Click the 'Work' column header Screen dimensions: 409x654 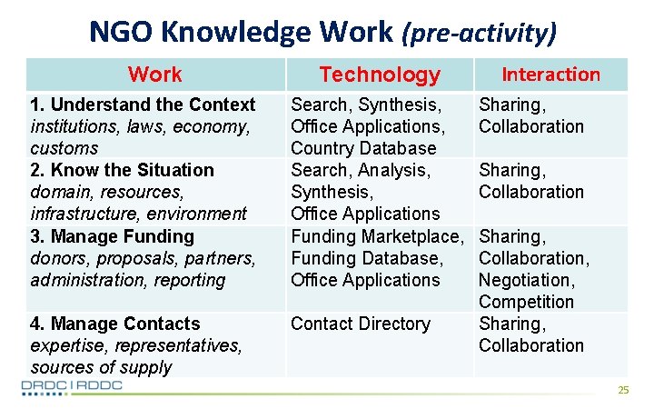pos(154,75)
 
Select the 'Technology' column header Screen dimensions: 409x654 pos(380,75)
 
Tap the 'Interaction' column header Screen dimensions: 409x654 pos(551,75)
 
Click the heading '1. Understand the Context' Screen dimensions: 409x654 pos(143,105)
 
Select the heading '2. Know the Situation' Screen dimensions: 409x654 pos(122,170)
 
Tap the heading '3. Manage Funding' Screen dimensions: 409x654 pos(112,236)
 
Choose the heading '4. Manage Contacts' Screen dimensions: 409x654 pos(114,324)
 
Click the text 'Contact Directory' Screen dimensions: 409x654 pos(360,324)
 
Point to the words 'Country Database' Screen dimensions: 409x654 pos(363,148)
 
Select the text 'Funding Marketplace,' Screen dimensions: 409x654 pos(376,236)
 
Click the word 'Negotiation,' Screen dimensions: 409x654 pos(527,280)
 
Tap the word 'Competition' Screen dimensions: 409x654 pos(526,302)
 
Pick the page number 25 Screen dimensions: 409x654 pos(623,390)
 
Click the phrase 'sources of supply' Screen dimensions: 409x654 pos(101,367)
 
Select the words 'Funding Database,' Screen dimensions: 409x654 pos(366,258)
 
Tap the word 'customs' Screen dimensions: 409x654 pos(64,148)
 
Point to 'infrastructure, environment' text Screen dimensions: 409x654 pos(138,214)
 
